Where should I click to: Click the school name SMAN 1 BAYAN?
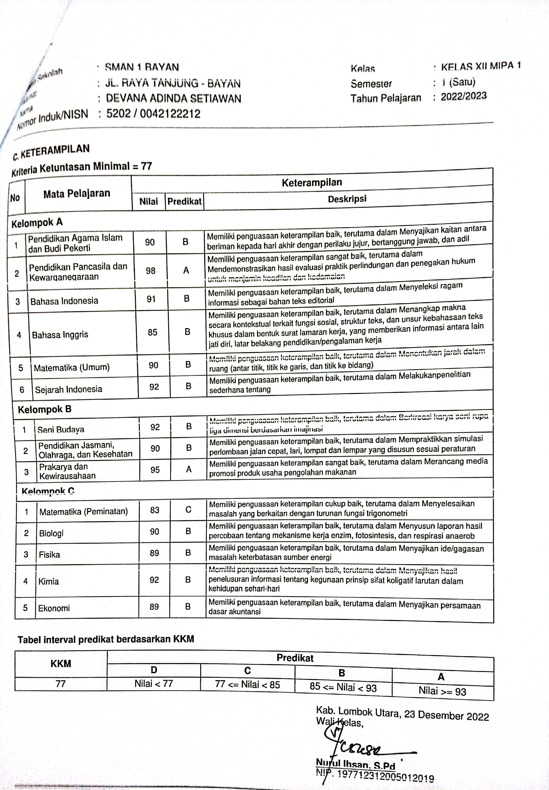click(x=142, y=67)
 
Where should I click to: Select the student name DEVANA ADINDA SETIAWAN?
click(x=173, y=99)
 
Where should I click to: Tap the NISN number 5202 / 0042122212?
click(x=153, y=114)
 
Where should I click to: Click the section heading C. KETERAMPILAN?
click(x=51, y=152)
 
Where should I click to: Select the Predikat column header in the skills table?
click(x=184, y=201)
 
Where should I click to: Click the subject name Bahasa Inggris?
click(x=60, y=334)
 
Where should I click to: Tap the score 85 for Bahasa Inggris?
click(x=152, y=332)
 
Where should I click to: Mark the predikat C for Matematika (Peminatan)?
click(x=188, y=510)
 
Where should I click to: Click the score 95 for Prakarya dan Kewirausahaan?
click(x=155, y=470)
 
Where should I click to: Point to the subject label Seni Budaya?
click(x=61, y=429)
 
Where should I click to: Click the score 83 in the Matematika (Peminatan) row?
click(x=154, y=510)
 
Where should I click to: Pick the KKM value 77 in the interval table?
click(x=61, y=684)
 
